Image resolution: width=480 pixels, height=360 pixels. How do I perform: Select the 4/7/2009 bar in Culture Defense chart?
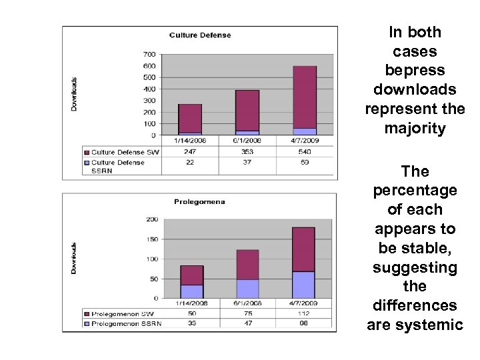pyautogui.click(x=304, y=100)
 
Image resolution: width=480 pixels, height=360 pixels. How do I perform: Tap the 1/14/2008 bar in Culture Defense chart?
pyautogui.click(x=190, y=119)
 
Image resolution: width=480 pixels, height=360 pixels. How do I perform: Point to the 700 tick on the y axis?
pyautogui.click(x=149, y=54)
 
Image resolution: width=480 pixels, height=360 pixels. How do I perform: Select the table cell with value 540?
pyautogui.click(x=304, y=152)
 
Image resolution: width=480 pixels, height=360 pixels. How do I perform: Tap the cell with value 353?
pyautogui.click(x=247, y=152)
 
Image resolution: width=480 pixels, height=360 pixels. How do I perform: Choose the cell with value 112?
pyautogui.click(x=304, y=313)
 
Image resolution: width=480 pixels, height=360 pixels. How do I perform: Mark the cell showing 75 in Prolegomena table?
pyautogui.click(x=247, y=313)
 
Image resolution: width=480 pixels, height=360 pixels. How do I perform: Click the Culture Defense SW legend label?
pyautogui.click(x=124, y=152)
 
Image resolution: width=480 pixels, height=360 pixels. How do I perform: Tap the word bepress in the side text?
pyautogui.click(x=415, y=69)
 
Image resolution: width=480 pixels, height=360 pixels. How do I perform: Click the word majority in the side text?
pyautogui.click(x=415, y=129)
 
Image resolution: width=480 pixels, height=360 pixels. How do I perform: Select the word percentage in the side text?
pyautogui.click(x=415, y=191)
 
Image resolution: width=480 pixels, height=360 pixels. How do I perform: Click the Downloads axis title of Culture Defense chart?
pyautogui.click(x=75, y=94)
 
